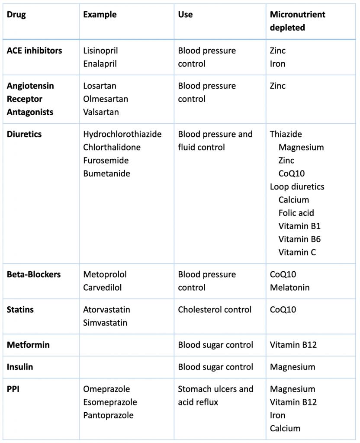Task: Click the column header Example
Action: click(100, 14)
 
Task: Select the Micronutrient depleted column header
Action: click(297, 21)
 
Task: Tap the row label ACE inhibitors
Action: click(34, 51)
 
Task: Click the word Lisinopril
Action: click(100, 51)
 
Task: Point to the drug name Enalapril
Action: click(100, 64)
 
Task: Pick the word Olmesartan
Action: click(106, 99)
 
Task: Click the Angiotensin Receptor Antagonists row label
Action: click(30, 99)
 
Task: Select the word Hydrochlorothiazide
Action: click(122, 134)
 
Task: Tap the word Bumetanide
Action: click(106, 173)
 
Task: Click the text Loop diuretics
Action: click(297, 187)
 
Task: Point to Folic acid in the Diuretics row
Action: click(296, 213)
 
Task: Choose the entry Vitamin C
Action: click(297, 252)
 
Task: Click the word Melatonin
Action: click(289, 288)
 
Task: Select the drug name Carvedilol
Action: click(102, 288)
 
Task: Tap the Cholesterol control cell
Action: click(215, 310)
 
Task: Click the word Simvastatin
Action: click(105, 323)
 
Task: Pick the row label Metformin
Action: click(28, 345)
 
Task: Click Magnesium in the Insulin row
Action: click(292, 367)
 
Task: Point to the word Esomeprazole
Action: click(110, 402)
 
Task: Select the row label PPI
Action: click(13, 389)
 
